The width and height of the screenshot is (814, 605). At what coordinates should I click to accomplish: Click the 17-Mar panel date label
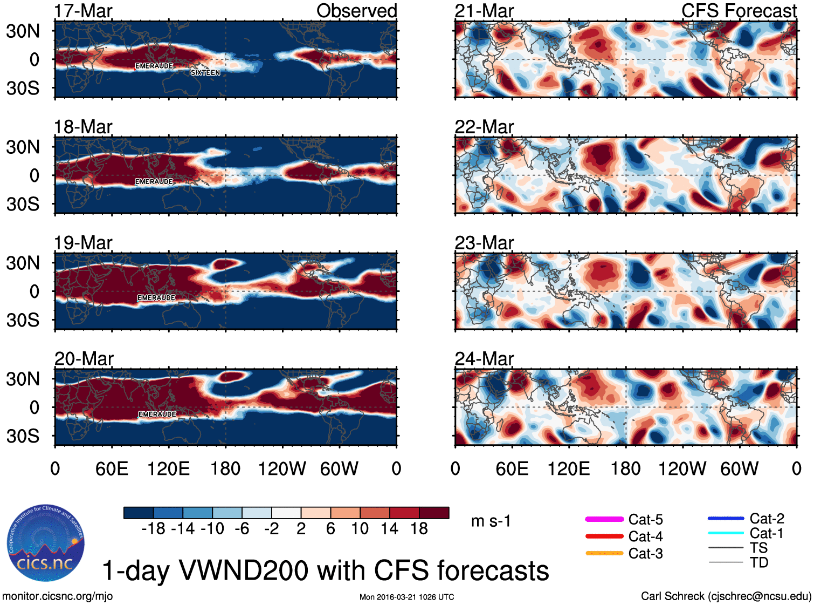(x=83, y=11)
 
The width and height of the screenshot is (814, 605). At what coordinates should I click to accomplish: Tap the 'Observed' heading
(x=356, y=11)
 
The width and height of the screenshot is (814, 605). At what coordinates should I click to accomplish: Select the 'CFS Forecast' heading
(x=739, y=11)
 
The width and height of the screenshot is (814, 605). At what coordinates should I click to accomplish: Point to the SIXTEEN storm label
(x=205, y=72)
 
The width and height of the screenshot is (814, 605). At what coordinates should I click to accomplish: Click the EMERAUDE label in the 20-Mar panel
(x=157, y=414)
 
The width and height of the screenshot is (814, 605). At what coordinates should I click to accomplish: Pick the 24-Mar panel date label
(x=484, y=359)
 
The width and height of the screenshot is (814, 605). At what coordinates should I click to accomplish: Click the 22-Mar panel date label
(x=484, y=127)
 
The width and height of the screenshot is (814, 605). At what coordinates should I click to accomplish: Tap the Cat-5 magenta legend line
(x=604, y=519)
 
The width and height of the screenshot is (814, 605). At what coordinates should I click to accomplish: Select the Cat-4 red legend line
(x=604, y=536)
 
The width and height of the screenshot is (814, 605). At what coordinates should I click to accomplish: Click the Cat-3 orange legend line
(x=604, y=553)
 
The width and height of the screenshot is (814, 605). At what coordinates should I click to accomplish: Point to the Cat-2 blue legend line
(x=726, y=519)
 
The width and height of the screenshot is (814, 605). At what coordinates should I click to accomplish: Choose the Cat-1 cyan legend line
(x=726, y=533)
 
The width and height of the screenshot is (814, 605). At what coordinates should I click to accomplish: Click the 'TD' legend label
(x=759, y=562)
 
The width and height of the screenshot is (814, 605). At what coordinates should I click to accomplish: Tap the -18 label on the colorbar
(x=153, y=528)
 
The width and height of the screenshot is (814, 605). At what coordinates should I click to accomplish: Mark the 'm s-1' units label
(x=491, y=521)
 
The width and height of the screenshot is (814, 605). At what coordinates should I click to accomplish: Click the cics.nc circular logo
(x=46, y=543)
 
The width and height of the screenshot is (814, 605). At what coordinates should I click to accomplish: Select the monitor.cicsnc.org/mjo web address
(x=57, y=596)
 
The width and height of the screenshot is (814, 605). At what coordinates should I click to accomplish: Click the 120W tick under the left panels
(x=282, y=468)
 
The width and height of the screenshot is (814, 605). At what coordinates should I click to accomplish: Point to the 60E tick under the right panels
(x=512, y=468)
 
